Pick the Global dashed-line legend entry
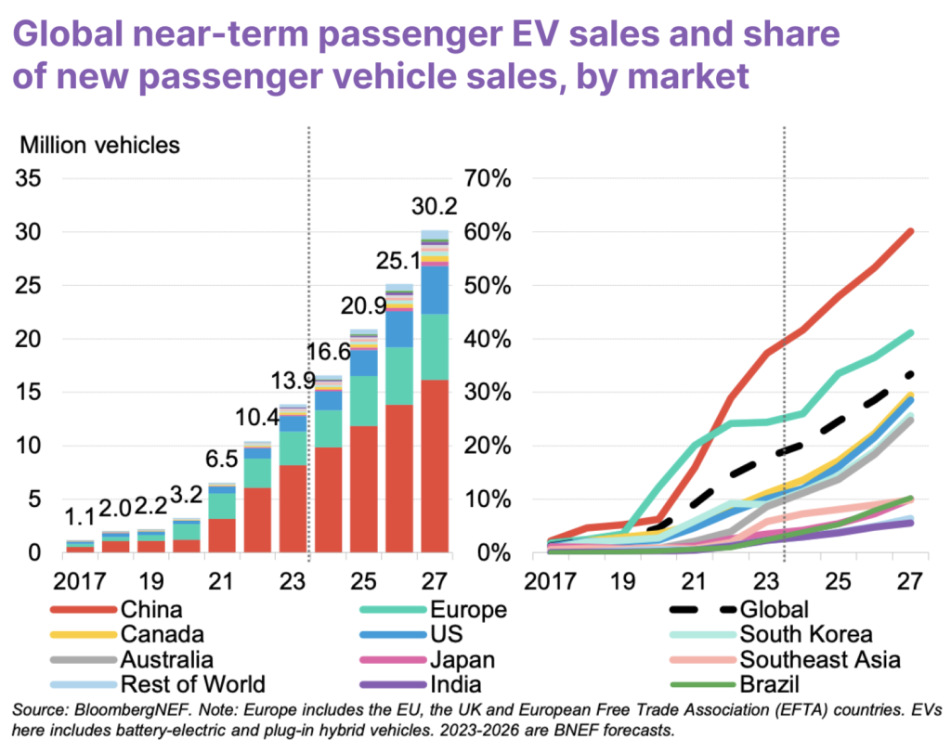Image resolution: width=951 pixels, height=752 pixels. click(775, 610)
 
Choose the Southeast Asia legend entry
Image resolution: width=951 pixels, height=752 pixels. click(818, 660)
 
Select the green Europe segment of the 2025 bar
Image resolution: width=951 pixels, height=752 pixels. click(363, 401)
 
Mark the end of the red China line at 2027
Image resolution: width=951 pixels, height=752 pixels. click(910, 231)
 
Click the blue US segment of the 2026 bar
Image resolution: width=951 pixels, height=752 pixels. click(399, 329)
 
